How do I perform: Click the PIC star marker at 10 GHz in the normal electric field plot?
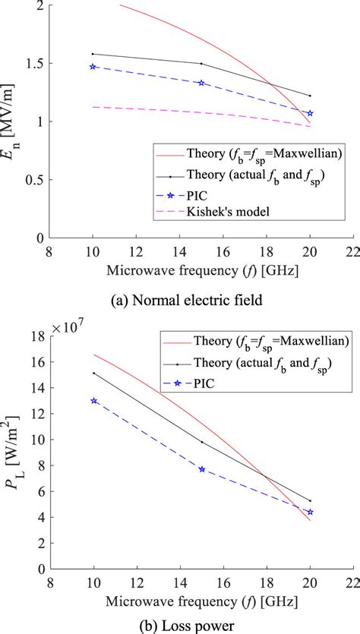point(93,67)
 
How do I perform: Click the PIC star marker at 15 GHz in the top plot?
point(201,83)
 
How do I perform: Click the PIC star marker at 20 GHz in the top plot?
point(310,113)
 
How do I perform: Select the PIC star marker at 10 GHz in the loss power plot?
point(93,400)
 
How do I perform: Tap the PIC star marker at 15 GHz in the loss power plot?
point(201,469)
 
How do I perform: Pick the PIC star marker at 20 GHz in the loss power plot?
point(310,512)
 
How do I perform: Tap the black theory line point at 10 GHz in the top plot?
point(93,54)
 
